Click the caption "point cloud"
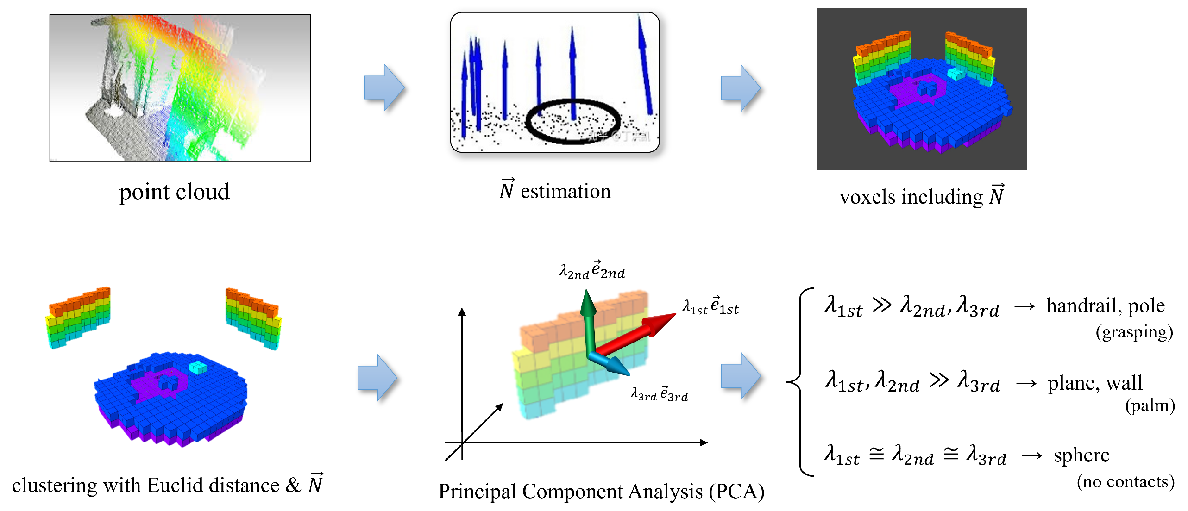tap(174, 192)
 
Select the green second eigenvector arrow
tap(588, 319)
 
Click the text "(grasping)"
tap(1134, 332)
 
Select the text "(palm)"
tap(1150, 405)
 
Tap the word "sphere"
tap(1081, 455)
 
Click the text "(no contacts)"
tap(1125, 482)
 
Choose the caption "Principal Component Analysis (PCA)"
tap(601, 492)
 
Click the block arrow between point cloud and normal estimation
tap(384, 87)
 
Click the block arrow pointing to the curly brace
tap(741, 376)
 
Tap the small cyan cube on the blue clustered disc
tap(198, 368)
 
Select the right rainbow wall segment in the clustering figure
tap(253, 318)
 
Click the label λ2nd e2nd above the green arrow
tap(592, 270)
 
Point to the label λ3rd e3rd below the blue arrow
tap(659, 394)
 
